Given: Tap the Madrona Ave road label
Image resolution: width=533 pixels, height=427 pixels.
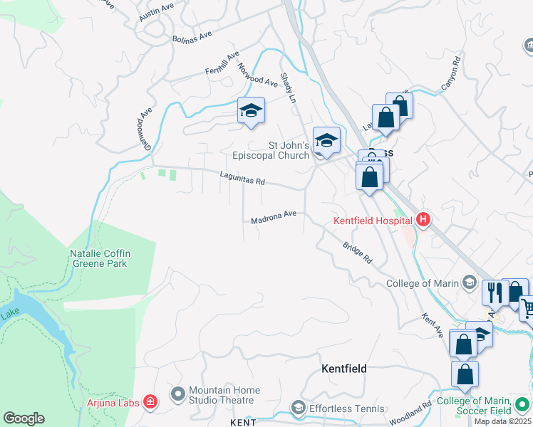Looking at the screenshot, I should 273,216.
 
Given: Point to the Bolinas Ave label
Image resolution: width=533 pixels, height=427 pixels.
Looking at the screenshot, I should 192,36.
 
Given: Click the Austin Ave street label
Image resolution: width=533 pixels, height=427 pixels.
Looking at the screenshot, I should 157,12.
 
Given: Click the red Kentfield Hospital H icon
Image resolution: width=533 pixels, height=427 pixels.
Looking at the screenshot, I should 423,219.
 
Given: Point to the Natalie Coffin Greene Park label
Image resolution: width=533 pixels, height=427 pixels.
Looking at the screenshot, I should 99,258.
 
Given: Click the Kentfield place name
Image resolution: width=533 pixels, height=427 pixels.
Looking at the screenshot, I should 344,369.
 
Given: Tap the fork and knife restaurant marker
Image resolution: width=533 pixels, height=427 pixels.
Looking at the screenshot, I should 493,291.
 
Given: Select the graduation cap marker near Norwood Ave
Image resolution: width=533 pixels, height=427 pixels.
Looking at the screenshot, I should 250,110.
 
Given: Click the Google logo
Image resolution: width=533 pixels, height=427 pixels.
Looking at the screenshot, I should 24,418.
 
